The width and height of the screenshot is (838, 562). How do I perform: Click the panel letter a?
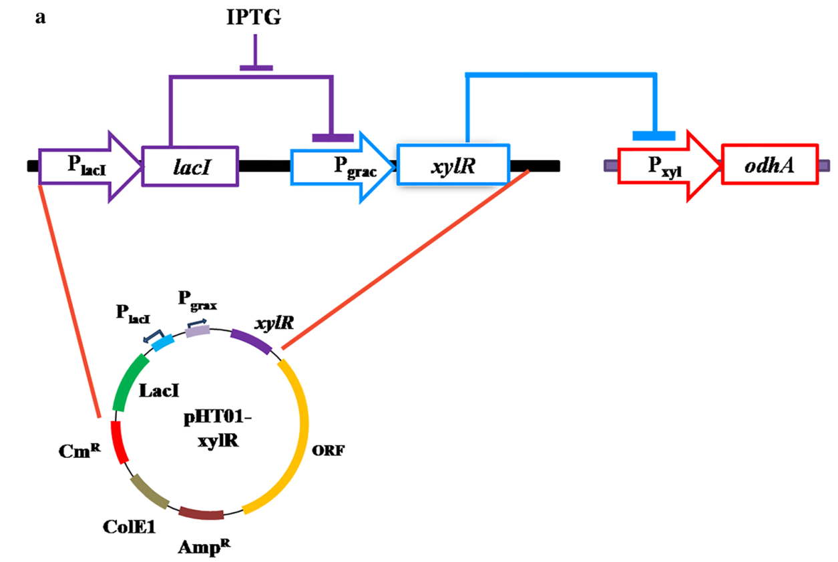pyautogui.click(x=41, y=18)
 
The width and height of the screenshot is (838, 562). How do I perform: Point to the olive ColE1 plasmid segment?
pyautogui.click(x=144, y=491)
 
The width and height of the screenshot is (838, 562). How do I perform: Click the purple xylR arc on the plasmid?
pyautogui.click(x=251, y=342)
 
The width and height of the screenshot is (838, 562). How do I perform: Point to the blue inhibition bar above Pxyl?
pyautogui.click(x=654, y=135)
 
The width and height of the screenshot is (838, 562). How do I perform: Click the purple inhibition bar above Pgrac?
pyautogui.click(x=333, y=137)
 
